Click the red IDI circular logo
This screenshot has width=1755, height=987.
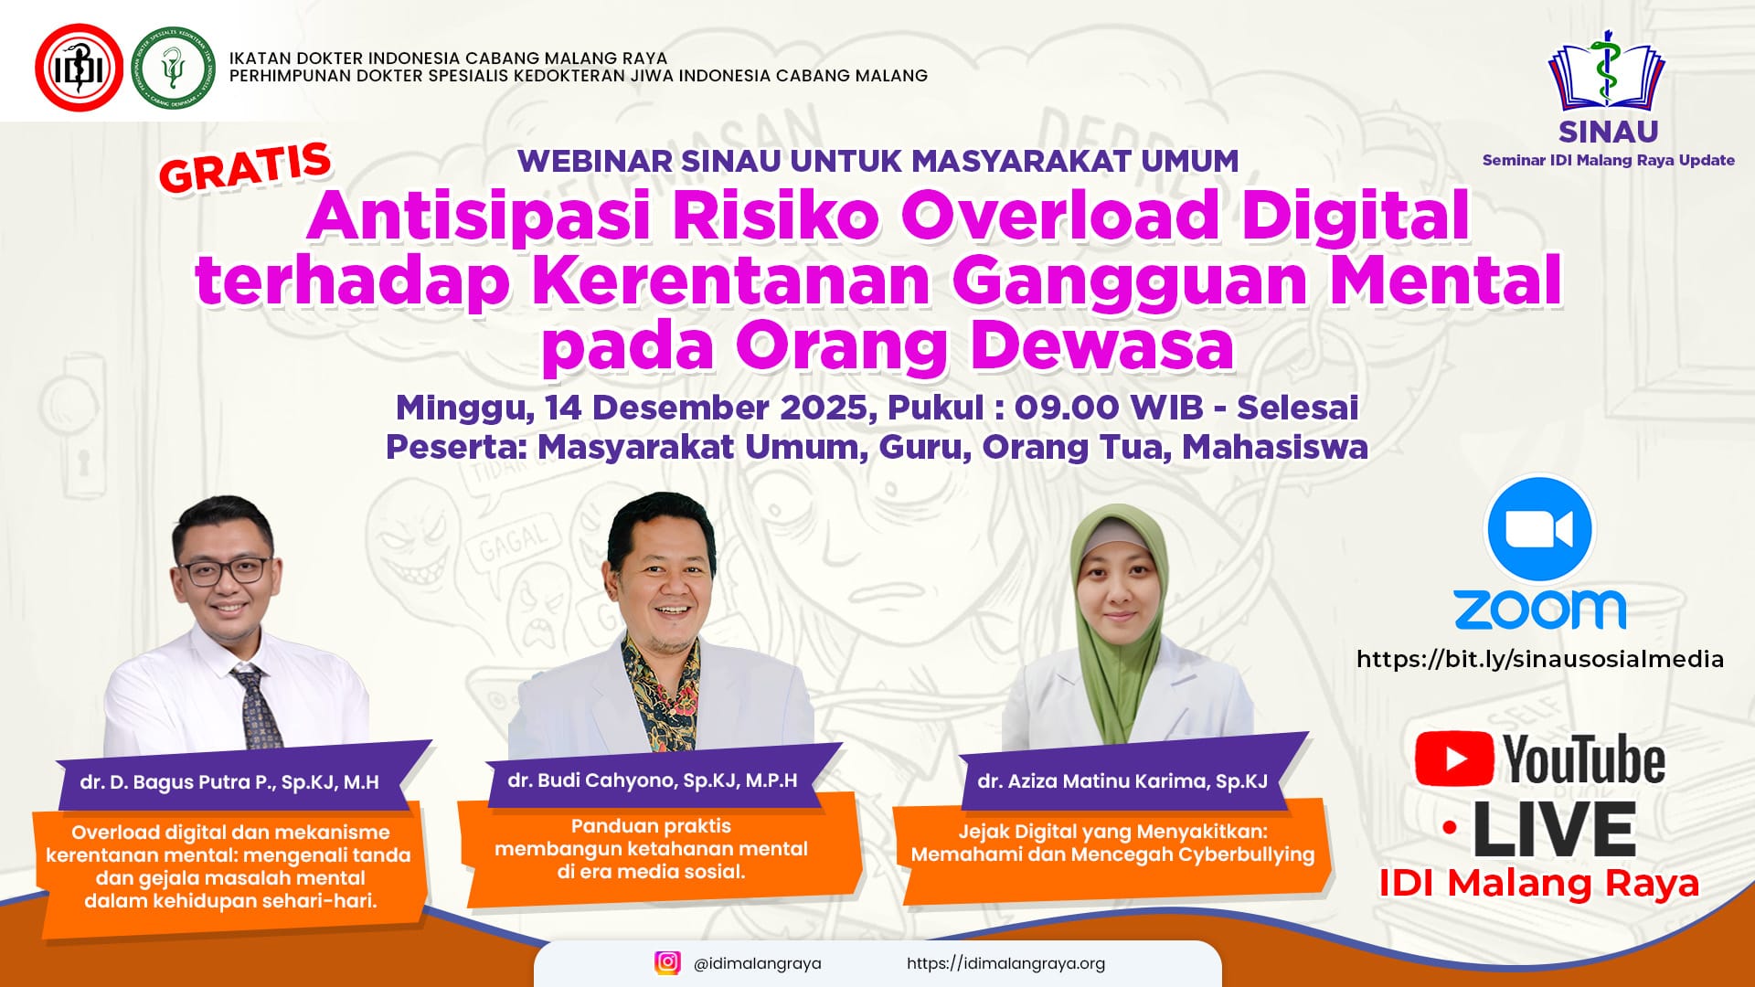click(79, 68)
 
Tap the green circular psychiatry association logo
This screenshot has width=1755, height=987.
click(173, 68)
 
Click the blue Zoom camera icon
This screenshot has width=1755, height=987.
click(1540, 529)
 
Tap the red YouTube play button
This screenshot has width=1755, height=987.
click(1454, 759)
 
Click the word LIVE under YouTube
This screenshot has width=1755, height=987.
click(1554, 830)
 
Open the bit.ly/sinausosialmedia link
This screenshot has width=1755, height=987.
click(1540, 659)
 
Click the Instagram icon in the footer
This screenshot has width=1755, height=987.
click(668, 962)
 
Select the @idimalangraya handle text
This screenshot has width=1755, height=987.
click(758, 963)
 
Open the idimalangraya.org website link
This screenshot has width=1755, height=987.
click(1005, 963)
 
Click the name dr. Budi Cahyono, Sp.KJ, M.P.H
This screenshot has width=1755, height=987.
click(653, 780)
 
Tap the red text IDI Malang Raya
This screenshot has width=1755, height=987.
click(1539, 884)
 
